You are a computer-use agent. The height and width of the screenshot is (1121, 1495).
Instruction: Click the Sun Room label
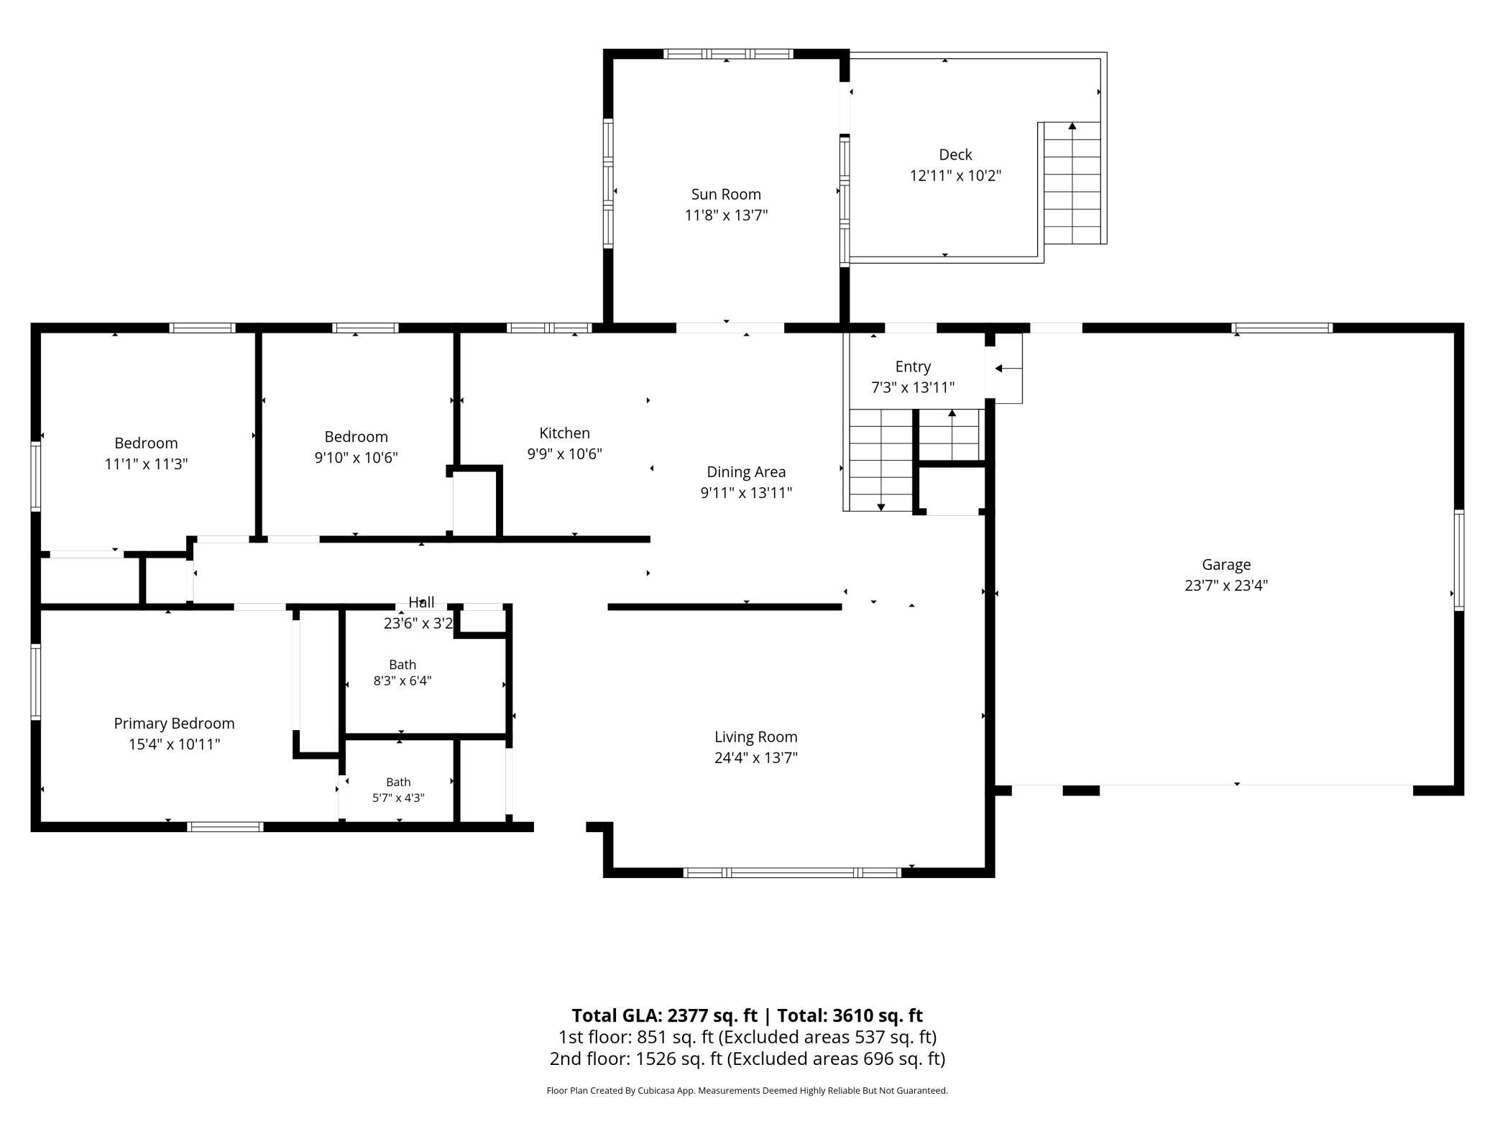(x=726, y=194)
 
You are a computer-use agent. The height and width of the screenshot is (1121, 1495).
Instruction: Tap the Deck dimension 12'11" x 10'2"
(x=955, y=175)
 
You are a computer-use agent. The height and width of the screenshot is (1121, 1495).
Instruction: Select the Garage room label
(x=1226, y=565)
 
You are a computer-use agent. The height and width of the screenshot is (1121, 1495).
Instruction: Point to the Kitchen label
(x=564, y=433)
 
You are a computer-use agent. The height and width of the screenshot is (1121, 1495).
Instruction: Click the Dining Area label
(x=746, y=472)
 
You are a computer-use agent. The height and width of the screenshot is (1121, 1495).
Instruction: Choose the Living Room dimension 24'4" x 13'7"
(x=756, y=757)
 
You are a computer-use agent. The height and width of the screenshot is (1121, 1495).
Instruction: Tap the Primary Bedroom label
(x=174, y=724)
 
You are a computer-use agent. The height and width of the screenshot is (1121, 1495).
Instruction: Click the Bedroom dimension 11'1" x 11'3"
(x=146, y=464)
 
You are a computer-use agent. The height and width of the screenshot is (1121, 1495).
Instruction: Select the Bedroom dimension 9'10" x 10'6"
(x=356, y=458)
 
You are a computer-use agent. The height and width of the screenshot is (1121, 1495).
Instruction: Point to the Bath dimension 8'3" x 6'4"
(x=402, y=681)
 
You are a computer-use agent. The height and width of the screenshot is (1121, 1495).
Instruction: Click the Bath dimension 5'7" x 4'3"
(x=398, y=798)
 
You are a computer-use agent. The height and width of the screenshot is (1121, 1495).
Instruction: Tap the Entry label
(x=913, y=367)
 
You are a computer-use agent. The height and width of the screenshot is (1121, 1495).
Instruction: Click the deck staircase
(x=1072, y=183)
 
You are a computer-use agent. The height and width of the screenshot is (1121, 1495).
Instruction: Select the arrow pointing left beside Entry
(x=1008, y=369)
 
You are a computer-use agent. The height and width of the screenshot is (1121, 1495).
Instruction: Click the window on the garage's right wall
(x=1459, y=560)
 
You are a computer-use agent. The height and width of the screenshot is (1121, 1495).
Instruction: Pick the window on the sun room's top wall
(x=727, y=54)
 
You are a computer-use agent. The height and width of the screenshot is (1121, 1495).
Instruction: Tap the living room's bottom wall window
(x=791, y=872)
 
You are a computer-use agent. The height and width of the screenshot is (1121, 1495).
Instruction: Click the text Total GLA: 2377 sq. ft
(x=665, y=1015)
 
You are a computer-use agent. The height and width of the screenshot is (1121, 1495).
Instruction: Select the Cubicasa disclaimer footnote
(x=747, y=1091)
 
